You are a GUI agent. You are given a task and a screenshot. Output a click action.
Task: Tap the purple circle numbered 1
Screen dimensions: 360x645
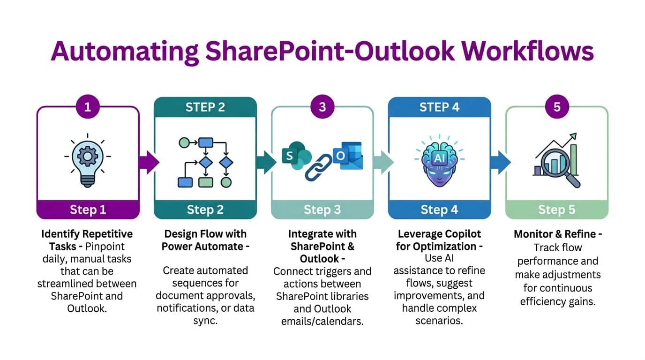(x=88, y=107)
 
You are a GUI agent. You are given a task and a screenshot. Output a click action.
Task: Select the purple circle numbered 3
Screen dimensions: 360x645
(x=322, y=107)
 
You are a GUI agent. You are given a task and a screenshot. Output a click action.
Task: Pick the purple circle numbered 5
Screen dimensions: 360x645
(x=556, y=107)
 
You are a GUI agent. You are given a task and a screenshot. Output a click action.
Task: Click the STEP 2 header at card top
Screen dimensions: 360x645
(x=205, y=107)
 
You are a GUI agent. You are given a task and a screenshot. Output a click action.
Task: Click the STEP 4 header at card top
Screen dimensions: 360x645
(x=439, y=107)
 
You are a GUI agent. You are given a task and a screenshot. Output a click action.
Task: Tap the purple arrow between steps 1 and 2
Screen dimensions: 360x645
(x=149, y=162)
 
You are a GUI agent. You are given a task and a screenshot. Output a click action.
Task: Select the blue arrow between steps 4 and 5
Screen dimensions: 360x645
(x=500, y=162)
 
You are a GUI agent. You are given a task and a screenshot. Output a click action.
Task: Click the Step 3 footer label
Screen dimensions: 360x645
(x=322, y=209)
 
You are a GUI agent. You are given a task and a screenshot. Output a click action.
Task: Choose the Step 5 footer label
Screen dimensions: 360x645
(x=556, y=209)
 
